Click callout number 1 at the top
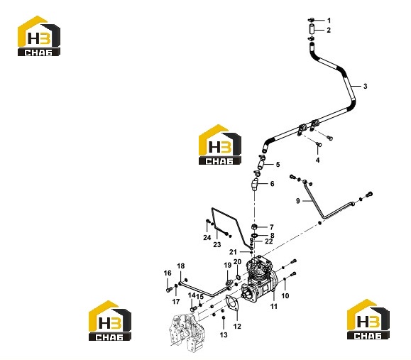pos(329,21)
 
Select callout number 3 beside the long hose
pos(365,86)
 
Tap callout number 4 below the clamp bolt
pos(318,160)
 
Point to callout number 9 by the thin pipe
pos(297,201)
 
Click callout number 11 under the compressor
pos(274,306)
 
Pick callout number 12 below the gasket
pos(237,326)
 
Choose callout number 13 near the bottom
pos(224,335)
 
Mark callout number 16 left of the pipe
pos(168,273)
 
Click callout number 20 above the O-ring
pos(237,262)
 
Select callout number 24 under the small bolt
pos(207,238)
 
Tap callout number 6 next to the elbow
pos(272,184)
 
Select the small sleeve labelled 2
pos(312,29)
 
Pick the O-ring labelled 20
pos(238,278)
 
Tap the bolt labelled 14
pos(193,309)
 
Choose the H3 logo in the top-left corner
pos(39,36)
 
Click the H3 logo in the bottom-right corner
pos(368,319)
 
